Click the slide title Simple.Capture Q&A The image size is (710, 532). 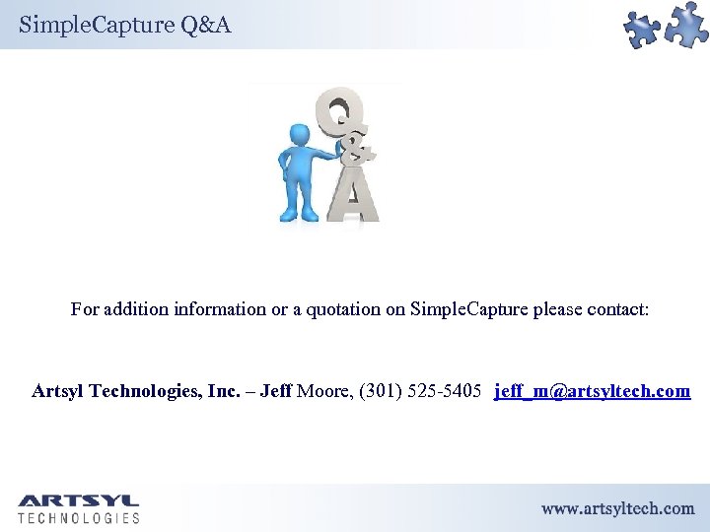[124, 25]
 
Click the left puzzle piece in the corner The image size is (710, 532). [642, 31]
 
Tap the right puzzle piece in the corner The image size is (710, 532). [686, 24]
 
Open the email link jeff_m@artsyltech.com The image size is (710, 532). [593, 391]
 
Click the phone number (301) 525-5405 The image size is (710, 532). [421, 391]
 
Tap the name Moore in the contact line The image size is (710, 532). [326, 391]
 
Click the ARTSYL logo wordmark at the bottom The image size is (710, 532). [79, 501]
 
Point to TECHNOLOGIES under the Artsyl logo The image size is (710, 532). [79, 518]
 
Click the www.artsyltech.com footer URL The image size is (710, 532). [617, 508]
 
